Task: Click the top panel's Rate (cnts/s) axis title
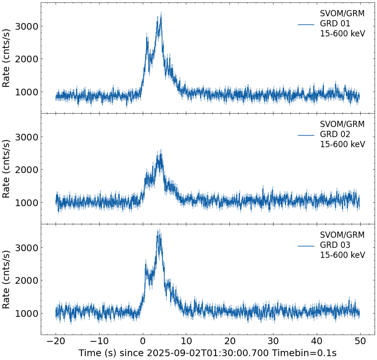click(7, 58)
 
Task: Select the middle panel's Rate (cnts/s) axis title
click(7, 168)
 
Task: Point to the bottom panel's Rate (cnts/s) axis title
click(7, 279)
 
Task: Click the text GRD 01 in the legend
click(335, 23)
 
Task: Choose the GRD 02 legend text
click(335, 134)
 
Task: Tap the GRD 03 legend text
click(335, 245)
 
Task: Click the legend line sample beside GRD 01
click(306, 24)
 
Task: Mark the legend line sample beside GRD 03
click(306, 245)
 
